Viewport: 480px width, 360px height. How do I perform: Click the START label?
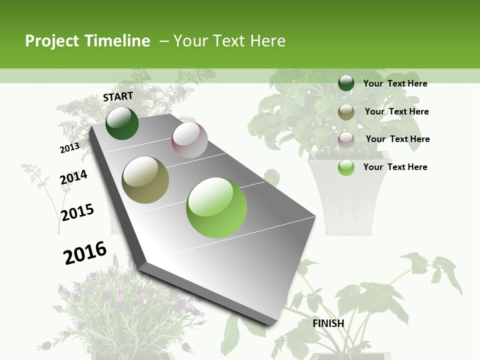pyautogui.click(x=118, y=96)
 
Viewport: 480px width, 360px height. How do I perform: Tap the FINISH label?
pyautogui.click(x=328, y=323)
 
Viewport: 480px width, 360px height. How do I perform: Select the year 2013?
pyautogui.click(x=69, y=148)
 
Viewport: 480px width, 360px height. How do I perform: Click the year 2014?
pyautogui.click(x=73, y=177)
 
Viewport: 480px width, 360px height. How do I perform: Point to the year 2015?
pyautogui.click(x=77, y=212)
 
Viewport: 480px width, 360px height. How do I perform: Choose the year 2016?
pyautogui.click(x=85, y=252)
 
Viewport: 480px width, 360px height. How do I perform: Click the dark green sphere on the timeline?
pyautogui.click(x=122, y=123)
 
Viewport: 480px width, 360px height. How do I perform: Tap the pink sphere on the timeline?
pyautogui.click(x=189, y=140)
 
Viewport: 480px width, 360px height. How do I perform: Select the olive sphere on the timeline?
pyautogui.click(x=145, y=180)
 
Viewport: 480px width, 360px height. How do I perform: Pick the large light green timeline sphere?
pyautogui.click(x=216, y=207)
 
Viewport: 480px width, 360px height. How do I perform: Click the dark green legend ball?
pyautogui.click(x=346, y=83)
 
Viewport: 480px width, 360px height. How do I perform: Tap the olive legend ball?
pyautogui.click(x=346, y=112)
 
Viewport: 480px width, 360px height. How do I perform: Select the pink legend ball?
pyautogui.click(x=346, y=139)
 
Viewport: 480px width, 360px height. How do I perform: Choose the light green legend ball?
pyautogui.click(x=346, y=167)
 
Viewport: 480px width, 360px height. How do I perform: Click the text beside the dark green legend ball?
pyautogui.click(x=395, y=83)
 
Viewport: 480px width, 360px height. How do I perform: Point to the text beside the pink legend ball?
pyautogui.click(x=397, y=139)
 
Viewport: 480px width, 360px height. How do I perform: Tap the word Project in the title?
pyautogui.click(x=52, y=41)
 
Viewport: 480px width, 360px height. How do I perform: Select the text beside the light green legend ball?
pyautogui.click(x=395, y=167)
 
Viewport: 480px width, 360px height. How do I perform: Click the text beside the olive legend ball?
pyautogui.click(x=396, y=111)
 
